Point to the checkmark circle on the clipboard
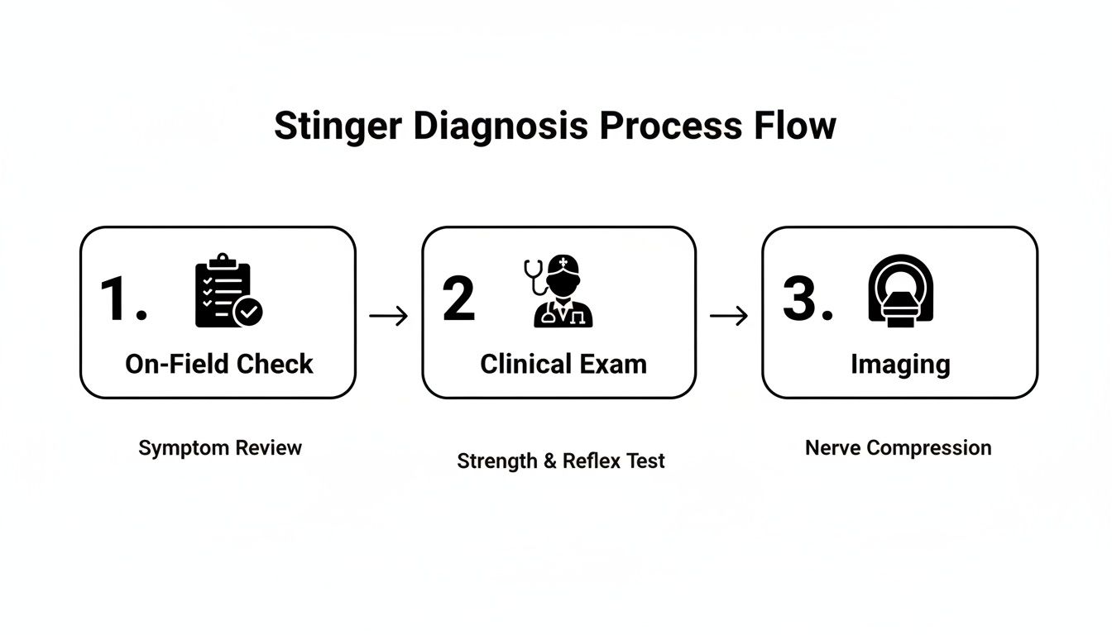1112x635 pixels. tap(248, 312)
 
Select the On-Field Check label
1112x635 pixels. tap(219, 364)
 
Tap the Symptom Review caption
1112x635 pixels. tap(220, 448)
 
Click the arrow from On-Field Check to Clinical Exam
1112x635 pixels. tap(388, 316)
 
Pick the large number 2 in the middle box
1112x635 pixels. tap(459, 299)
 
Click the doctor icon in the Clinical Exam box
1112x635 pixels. tap(564, 294)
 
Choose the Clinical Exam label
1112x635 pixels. tap(563, 364)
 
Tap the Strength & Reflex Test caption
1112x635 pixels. tap(560, 461)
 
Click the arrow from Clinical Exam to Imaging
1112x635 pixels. tap(728, 316)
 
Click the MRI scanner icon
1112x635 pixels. tap(901, 291)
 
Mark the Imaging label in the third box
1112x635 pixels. tap(900, 364)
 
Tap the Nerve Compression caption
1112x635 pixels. tap(898, 448)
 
